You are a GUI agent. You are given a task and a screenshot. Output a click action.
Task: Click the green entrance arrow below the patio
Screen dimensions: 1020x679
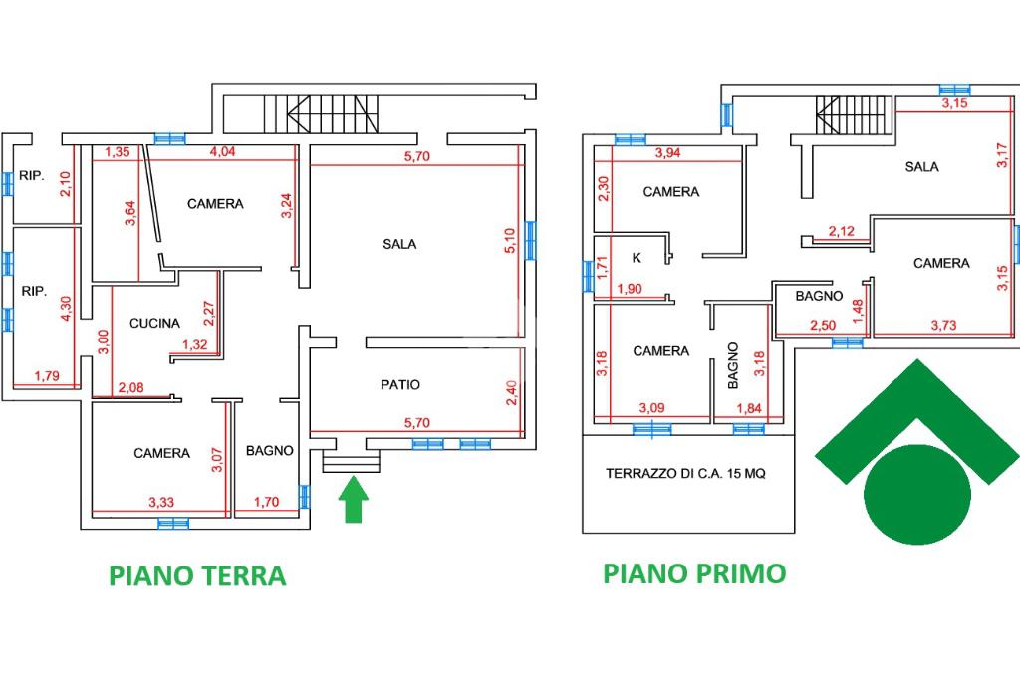[354, 499]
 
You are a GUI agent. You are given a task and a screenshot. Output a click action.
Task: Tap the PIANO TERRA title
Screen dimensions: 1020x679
[198, 576]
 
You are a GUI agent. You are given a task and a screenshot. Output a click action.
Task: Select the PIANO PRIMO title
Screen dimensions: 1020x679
[694, 573]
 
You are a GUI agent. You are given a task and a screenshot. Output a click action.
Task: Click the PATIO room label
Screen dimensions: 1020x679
[400, 385]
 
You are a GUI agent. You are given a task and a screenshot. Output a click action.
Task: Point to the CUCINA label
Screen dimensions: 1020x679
[154, 324]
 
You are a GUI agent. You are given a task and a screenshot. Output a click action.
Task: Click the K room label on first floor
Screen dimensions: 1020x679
[637, 258]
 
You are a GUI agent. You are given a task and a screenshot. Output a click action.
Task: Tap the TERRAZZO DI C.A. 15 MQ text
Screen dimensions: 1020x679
[685, 474]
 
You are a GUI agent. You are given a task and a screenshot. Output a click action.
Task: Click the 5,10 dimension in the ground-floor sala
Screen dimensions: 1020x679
[511, 241]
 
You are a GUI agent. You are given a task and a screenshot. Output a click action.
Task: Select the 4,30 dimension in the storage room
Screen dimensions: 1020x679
[66, 309]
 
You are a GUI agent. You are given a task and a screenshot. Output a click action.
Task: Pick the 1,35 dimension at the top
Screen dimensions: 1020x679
[118, 152]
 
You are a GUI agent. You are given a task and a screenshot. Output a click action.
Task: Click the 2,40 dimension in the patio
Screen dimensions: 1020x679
[512, 393]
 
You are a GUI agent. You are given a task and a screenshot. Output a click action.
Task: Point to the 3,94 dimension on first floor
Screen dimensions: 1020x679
[667, 153]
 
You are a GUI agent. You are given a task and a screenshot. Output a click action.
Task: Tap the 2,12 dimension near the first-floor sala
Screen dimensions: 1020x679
[841, 231]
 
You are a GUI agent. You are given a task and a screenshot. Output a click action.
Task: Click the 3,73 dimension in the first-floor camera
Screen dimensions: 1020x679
[944, 326]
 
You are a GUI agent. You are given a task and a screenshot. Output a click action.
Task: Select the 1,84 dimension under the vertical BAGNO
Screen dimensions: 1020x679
[749, 409]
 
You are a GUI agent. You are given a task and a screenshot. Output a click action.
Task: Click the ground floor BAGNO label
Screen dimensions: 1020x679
[269, 451]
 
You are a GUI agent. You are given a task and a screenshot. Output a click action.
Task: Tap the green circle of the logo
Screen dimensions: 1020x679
[917, 494]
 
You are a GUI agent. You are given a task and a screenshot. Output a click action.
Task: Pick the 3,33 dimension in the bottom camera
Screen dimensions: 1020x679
[161, 503]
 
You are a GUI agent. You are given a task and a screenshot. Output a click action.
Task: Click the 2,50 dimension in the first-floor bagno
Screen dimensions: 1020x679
[823, 326]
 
